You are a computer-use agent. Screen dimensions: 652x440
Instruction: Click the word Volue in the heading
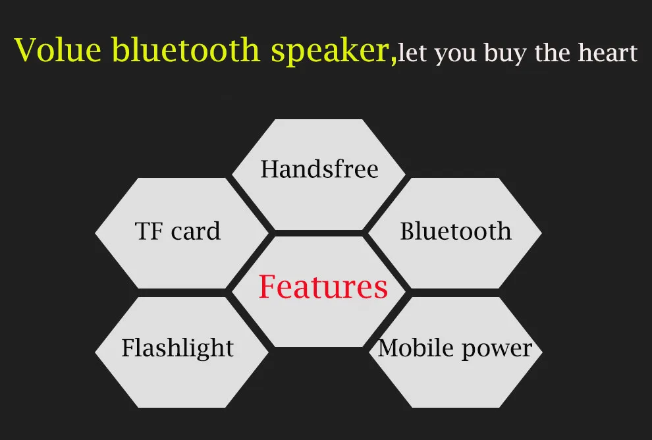[58, 50]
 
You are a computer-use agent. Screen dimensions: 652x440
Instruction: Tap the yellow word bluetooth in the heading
[186, 49]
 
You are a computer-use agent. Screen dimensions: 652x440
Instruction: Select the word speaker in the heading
[331, 52]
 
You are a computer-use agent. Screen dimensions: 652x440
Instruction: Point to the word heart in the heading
[607, 53]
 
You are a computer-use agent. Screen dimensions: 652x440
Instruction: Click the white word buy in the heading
[504, 54]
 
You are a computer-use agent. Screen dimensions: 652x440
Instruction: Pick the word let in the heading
[412, 53]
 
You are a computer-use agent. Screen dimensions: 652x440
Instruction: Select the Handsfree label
[319, 169]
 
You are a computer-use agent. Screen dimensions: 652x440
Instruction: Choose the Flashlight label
[178, 348]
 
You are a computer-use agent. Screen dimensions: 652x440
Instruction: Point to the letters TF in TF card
[148, 231]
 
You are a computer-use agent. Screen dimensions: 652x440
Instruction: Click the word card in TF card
[196, 231]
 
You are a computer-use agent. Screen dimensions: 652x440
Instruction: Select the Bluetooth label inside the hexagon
[456, 231]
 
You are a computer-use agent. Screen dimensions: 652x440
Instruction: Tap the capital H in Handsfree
[270, 169]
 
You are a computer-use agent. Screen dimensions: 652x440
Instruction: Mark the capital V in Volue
[28, 50]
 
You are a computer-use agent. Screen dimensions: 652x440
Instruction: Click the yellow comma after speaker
[394, 61]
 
